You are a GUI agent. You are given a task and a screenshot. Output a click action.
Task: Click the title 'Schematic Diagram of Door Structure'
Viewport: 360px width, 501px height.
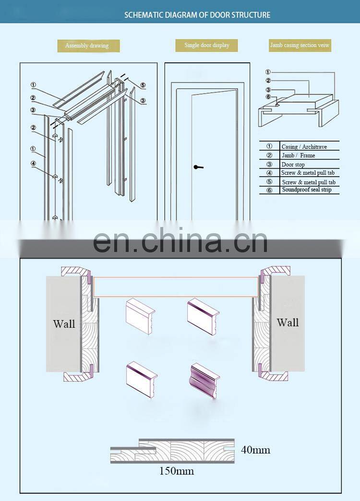coord(197,15)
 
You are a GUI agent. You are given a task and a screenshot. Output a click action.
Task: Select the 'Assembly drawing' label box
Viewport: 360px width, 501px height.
coord(89,46)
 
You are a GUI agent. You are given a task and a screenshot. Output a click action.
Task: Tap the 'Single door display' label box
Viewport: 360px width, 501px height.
coord(206,45)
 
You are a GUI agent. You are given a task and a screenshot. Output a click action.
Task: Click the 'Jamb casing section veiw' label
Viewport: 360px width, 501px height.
coord(300,45)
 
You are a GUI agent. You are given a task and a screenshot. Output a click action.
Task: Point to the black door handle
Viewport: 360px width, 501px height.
coord(198,167)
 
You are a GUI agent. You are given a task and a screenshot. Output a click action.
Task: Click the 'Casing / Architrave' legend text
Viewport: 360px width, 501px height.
coord(304,147)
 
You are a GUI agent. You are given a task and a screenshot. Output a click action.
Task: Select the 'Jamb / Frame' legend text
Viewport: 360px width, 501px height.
coord(298,155)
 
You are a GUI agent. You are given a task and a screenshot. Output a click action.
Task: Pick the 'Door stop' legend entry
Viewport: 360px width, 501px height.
coord(293,165)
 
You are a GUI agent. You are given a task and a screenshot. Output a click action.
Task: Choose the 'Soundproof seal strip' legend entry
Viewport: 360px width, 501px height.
coord(307,190)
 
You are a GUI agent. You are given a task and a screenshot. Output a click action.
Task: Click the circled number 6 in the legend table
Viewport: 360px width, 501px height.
coord(270,190)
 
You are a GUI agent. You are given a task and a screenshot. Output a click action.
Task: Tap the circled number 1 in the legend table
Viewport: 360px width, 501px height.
coord(270,146)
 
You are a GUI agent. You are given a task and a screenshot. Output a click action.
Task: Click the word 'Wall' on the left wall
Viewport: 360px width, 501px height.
coord(64,323)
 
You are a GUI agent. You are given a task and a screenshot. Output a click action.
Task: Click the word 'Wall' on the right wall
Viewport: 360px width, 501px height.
coord(288,322)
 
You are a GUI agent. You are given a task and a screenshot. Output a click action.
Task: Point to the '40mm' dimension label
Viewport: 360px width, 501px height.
coord(255,450)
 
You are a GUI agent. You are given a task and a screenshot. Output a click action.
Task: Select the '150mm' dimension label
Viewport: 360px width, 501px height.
coord(177,471)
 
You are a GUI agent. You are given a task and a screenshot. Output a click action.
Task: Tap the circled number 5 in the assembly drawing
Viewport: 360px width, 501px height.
coord(143,85)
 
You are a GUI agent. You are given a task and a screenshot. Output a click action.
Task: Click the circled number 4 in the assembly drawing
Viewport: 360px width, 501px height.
coord(33,163)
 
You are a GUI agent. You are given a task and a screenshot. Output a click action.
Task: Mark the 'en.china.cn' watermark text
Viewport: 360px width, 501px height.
coord(180,240)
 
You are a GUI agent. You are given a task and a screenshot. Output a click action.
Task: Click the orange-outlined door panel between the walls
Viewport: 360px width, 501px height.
coord(176,287)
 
